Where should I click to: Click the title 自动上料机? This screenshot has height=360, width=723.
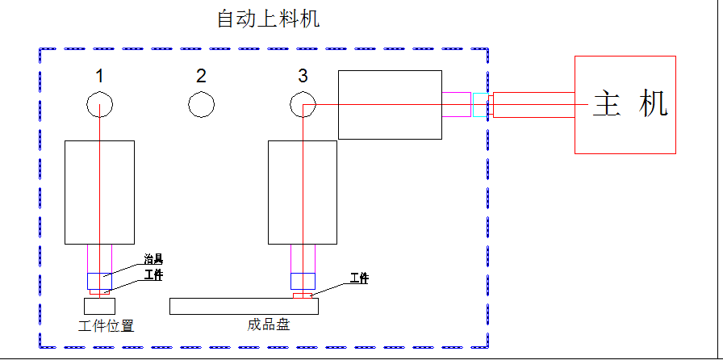tap(268, 19)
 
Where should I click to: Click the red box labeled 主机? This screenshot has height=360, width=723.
tap(625, 104)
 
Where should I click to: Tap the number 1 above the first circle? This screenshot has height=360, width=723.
tap(99, 77)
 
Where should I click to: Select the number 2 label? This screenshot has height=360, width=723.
tap(201, 77)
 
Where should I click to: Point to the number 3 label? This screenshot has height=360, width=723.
tap(303, 77)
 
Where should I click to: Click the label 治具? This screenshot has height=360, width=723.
tap(153, 260)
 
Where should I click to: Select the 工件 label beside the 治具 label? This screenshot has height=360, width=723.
tap(153, 275)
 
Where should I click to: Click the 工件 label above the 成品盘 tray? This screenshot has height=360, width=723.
tap(359, 278)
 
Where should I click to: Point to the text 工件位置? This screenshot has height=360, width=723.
tap(106, 327)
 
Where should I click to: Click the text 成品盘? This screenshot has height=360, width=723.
tap(269, 325)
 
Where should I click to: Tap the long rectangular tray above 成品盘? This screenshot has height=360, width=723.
tap(244, 306)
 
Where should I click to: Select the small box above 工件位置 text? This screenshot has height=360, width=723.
tap(99, 306)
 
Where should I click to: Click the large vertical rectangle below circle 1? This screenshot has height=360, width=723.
tap(99, 192)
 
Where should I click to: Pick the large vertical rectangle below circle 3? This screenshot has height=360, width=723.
tap(303, 192)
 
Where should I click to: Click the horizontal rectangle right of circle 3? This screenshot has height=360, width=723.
tap(390, 104)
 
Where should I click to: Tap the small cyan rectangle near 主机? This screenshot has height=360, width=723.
tap(480, 105)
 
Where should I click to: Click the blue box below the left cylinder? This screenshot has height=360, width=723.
tap(99, 281)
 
